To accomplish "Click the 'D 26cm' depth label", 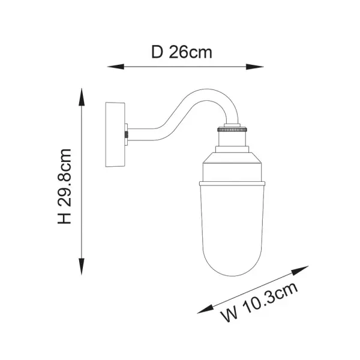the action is [x=182, y=52].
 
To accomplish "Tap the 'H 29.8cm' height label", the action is [x=64, y=186].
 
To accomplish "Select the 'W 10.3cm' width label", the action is [x=259, y=302].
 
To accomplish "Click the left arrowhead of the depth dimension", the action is [x=116, y=67].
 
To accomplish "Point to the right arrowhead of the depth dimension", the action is [x=254, y=67].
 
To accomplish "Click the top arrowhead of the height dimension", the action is [x=82, y=97].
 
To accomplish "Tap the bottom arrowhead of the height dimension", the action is [x=82, y=266].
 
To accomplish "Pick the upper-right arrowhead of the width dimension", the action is [x=300, y=270].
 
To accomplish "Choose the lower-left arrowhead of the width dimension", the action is [x=206, y=309].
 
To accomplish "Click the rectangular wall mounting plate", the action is [x=115, y=134].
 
